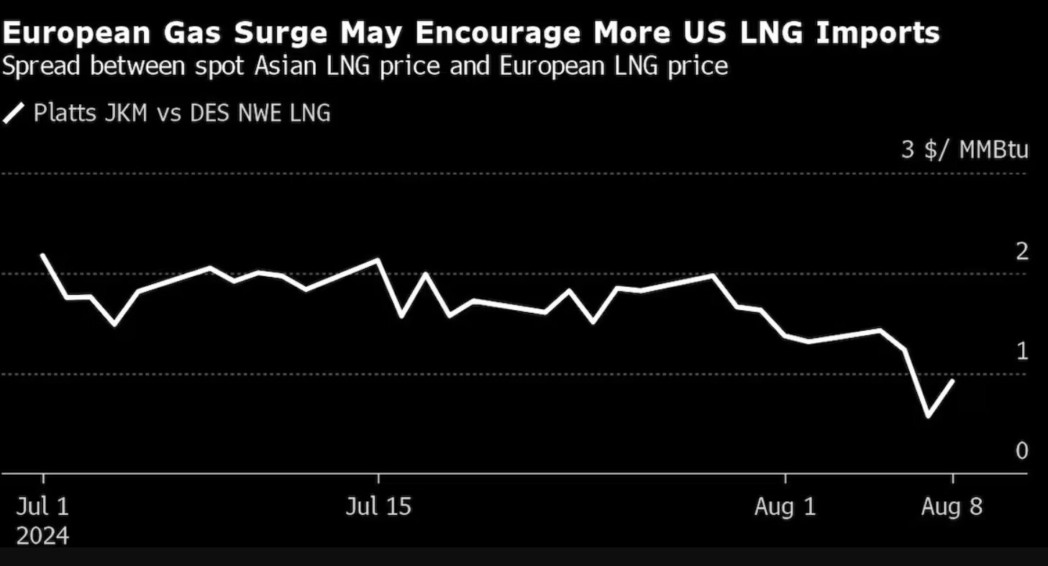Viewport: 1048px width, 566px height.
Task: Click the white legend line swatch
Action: (14, 114)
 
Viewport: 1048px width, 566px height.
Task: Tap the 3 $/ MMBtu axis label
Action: (965, 150)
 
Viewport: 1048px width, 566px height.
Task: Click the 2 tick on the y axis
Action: (1021, 252)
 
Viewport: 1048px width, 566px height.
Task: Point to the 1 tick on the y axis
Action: (1021, 351)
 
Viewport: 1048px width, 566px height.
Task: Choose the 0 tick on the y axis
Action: (1021, 451)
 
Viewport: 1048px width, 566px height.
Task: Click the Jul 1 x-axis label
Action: (43, 507)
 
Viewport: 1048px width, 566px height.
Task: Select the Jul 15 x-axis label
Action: (378, 507)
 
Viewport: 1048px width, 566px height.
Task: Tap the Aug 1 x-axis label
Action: (785, 507)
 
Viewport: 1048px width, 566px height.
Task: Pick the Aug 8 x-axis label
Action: (952, 507)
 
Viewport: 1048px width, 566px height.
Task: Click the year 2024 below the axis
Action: (43, 537)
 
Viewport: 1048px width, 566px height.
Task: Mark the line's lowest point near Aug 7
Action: (928, 416)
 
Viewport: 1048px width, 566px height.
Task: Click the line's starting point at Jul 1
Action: (43, 255)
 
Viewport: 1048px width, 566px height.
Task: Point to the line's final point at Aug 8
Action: (953, 380)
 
